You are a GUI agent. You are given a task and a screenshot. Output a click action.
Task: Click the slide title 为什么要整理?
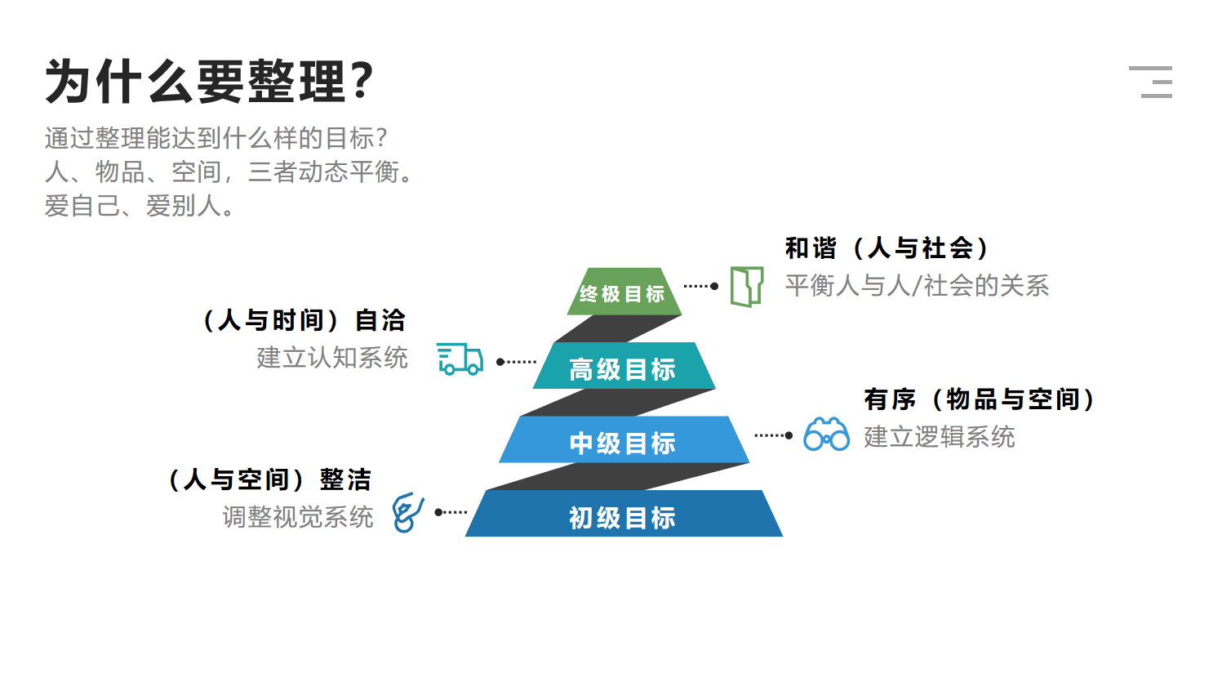coord(210,82)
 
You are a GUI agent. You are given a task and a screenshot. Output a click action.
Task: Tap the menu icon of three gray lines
coord(1150,82)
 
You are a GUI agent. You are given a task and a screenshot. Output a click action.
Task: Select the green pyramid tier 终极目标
coord(624,292)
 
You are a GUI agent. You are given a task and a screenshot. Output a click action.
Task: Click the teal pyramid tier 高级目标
coord(624,366)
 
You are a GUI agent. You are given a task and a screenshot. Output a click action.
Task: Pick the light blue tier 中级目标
coord(624,440)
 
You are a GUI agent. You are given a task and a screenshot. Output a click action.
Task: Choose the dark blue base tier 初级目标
coord(624,514)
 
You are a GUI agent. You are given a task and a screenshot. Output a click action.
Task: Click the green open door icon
coord(747,287)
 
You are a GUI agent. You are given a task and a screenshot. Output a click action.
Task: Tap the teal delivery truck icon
coord(460,359)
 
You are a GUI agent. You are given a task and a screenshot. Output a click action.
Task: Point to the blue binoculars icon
coord(826,435)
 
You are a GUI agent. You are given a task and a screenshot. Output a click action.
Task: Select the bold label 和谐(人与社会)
coord(887,248)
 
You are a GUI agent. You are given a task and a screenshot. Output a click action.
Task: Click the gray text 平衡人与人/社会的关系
coord(917,285)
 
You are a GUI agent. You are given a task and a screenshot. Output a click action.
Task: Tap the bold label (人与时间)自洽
coord(304,320)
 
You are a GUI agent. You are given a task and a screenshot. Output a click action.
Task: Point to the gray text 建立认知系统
coord(332,358)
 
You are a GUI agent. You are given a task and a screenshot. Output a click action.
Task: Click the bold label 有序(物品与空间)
coord(980,399)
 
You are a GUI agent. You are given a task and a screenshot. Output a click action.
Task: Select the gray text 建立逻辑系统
coord(940,437)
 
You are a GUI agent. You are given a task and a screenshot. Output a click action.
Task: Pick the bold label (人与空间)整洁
coord(270,479)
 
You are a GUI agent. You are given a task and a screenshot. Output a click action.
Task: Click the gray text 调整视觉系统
coord(298,517)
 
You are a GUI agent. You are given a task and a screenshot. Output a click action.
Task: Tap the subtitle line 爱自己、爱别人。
coord(140,207)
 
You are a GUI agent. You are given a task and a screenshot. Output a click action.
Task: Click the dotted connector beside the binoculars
coord(774,435)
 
